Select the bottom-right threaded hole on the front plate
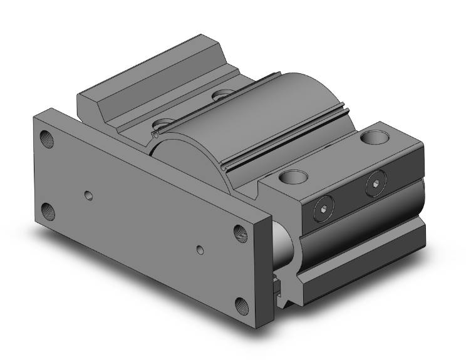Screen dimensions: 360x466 [x=242, y=305]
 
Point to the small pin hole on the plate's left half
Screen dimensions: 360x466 [x=88, y=195]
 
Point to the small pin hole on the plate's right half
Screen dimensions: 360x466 [x=199, y=250]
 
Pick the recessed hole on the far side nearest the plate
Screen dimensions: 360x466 [x=165, y=123]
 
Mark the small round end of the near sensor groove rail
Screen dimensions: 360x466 [x=155, y=134]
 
